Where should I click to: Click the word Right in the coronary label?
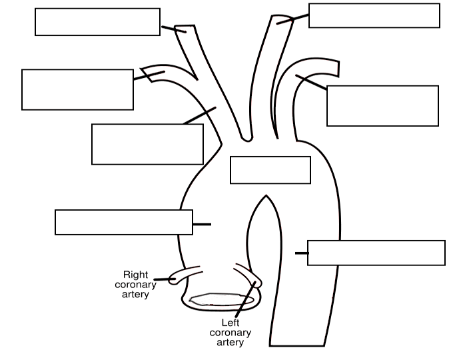pos(136,274)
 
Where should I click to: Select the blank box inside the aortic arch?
pos(270,170)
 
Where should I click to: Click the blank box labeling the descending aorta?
pos(376,253)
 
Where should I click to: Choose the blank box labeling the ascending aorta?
pos(124,222)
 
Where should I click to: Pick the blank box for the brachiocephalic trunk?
pos(147,144)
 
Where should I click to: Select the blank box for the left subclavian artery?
pos(382,105)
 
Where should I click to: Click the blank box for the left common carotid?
pos(374,15)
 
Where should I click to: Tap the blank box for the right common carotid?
pos(97,21)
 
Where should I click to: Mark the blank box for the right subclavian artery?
pos(77,89)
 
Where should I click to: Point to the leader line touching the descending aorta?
pos(301,253)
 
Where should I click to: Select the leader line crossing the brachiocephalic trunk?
pos(200,115)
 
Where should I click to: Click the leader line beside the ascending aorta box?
pos(202,225)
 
